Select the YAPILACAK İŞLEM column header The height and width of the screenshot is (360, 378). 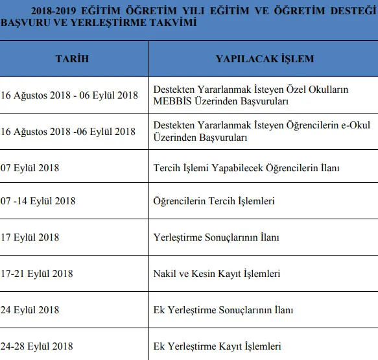[264, 59]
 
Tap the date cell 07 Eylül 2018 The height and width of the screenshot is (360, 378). [30, 167]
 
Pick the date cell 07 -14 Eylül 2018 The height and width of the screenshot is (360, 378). [38, 201]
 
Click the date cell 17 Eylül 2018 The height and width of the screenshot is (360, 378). [30, 237]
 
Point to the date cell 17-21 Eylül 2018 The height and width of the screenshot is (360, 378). [36, 274]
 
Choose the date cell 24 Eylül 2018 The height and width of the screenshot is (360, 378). [30, 309]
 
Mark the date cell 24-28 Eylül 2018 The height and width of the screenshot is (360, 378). [36, 345]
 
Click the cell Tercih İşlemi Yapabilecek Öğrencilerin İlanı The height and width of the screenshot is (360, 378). [246, 167]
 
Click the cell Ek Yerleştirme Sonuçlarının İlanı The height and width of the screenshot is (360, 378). [223, 309]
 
